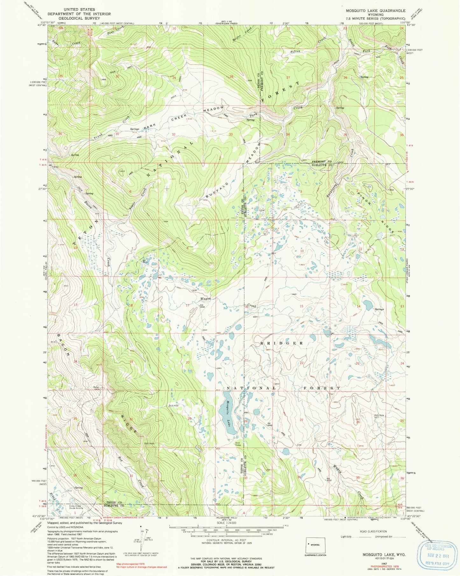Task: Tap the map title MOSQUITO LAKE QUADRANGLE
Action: pos(376,10)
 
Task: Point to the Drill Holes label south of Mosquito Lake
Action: pos(238,444)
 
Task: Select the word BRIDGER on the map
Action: pos(283,344)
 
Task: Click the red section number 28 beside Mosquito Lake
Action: pos(245,421)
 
